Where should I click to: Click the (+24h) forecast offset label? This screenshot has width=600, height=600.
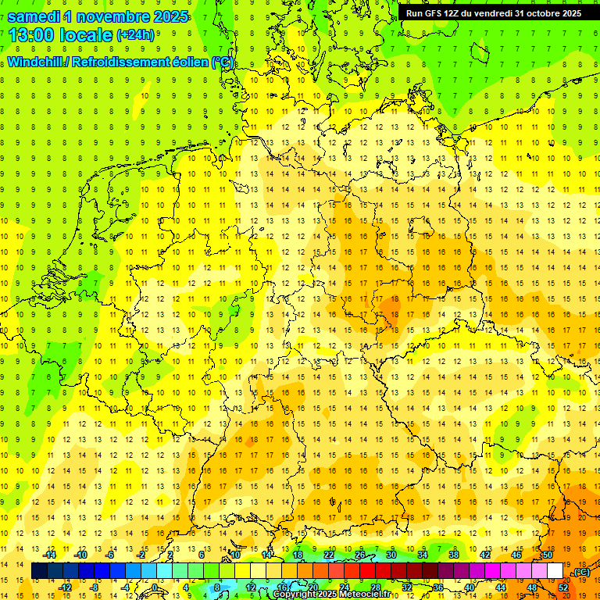(x=134, y=35)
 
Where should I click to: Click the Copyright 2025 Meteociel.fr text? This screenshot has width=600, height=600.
(x=330, y=595)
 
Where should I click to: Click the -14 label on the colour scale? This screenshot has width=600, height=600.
(x=51, y=555)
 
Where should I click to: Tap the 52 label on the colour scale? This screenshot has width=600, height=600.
(x=562, y=587)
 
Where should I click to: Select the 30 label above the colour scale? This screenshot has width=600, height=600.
(x=391, y=555)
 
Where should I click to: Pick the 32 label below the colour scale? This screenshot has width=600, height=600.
(x=406, y=587)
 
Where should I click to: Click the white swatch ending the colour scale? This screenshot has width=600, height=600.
(x=555, y=571)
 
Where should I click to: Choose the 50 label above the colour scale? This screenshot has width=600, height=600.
(x=547, y=555)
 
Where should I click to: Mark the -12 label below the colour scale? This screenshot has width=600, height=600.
(x=66, y=587)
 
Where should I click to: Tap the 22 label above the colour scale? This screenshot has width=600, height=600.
(x=328, y=555)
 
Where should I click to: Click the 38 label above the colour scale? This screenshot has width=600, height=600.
(x=453, y=555)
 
